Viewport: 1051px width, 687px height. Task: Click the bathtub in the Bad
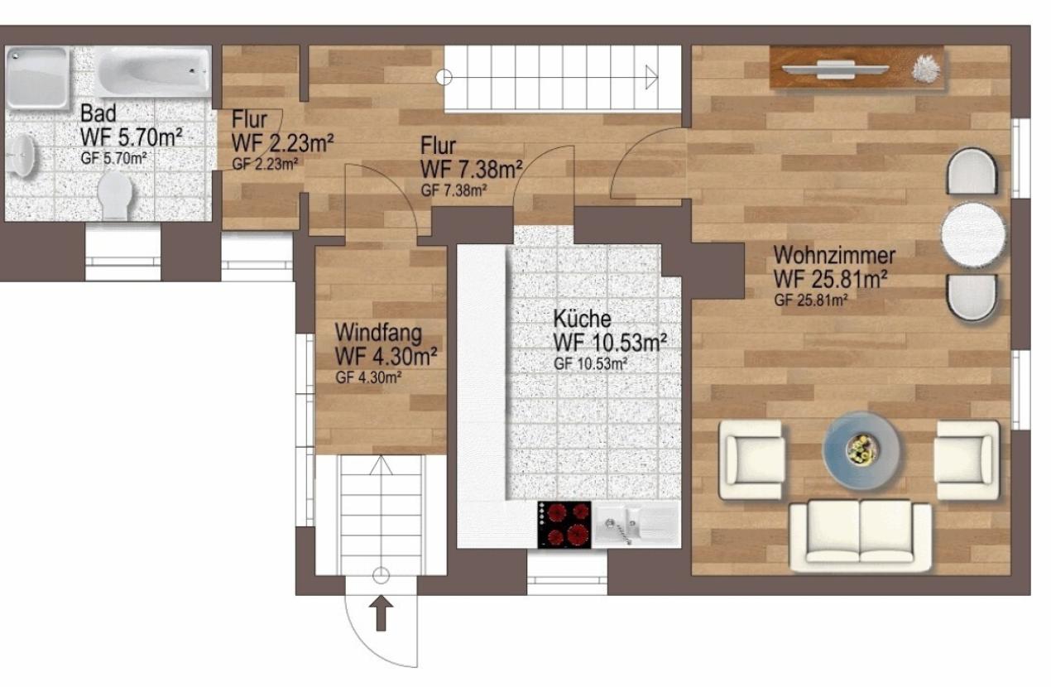click(154, 71)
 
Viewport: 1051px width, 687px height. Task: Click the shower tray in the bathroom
click(37, 78)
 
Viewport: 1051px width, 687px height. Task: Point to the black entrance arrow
click(381, 613)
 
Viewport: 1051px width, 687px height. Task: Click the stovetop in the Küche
click(564, 524)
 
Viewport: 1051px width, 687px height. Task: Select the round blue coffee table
click(861, 450)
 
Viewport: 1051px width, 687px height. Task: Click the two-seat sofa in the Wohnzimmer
click(860, 536)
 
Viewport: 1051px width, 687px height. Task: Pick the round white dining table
click(973, 234)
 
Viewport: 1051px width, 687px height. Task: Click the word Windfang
click(378, 333)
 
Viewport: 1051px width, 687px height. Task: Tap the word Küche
click(583, 319)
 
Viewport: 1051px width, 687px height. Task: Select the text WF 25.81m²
click(830, 280)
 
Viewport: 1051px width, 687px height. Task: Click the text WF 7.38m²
click(472, 170)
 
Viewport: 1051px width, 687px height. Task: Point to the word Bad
click(98, 113)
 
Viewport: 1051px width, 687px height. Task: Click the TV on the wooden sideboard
click(835, 70)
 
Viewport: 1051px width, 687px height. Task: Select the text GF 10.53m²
click(590, 364)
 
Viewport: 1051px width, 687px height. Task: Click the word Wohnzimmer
click(834, 256)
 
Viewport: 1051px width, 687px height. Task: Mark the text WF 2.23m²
click(283, 142)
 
